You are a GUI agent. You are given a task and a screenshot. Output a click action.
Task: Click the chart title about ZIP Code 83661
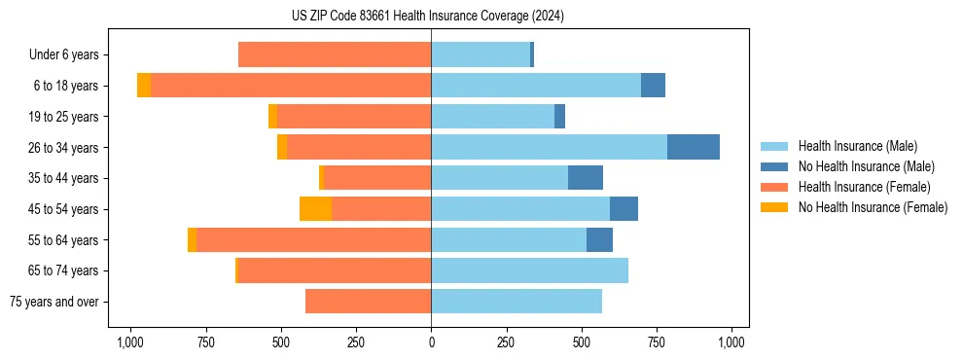coord(427,16)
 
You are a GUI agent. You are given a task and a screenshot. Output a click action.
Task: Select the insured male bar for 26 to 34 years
coord(549,147)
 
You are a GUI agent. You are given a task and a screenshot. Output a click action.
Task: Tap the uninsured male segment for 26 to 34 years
coord(693,147)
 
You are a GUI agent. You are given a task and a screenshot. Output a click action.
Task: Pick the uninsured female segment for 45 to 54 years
coord(315,208)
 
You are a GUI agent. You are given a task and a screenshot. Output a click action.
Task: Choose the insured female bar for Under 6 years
coord(335,54)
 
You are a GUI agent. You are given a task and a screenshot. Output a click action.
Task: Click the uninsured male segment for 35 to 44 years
coord(585,178)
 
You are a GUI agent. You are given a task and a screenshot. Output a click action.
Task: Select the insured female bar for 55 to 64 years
coord(313,239)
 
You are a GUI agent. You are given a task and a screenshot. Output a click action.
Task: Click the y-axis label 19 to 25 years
coord(65,117)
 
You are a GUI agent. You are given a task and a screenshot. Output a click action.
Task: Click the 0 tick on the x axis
coord(431,342)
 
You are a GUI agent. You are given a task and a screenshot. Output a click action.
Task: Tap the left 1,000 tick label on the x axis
coord(130,342)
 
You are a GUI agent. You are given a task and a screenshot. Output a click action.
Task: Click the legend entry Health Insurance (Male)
coord(857,146)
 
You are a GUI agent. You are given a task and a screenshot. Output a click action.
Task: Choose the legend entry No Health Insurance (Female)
coord(873,207)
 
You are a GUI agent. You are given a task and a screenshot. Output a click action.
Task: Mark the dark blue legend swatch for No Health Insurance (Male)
coord(774,166)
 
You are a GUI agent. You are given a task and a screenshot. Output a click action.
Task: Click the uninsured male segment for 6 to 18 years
coord(653,86)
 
